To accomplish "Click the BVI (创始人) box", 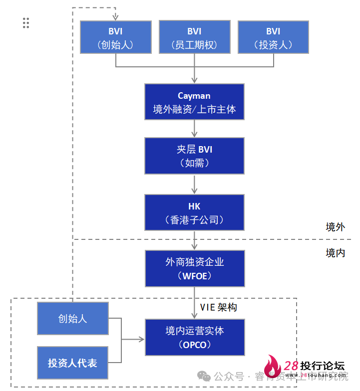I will [115, 37].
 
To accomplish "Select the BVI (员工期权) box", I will [194, 37].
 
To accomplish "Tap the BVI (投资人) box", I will [273, 37].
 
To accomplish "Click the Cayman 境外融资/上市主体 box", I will [194, 102].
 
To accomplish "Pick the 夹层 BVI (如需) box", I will [194, 156].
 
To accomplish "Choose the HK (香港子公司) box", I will [194, 212].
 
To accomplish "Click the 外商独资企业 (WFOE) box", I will [194, 268].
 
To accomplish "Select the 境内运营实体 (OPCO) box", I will [194, 337].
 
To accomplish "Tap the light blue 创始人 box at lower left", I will [73, 318].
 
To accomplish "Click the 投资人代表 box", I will [73, 363].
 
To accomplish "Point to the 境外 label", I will [335, 227].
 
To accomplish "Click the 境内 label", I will [335, 253].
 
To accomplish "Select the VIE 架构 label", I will [219, 307].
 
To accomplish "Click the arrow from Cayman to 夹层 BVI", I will [194, 129].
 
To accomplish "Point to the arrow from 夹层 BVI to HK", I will [194, 184].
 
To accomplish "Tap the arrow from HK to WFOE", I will [194, 240].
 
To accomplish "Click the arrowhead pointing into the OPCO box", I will [141, 340].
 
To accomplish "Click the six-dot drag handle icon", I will [26, 23].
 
